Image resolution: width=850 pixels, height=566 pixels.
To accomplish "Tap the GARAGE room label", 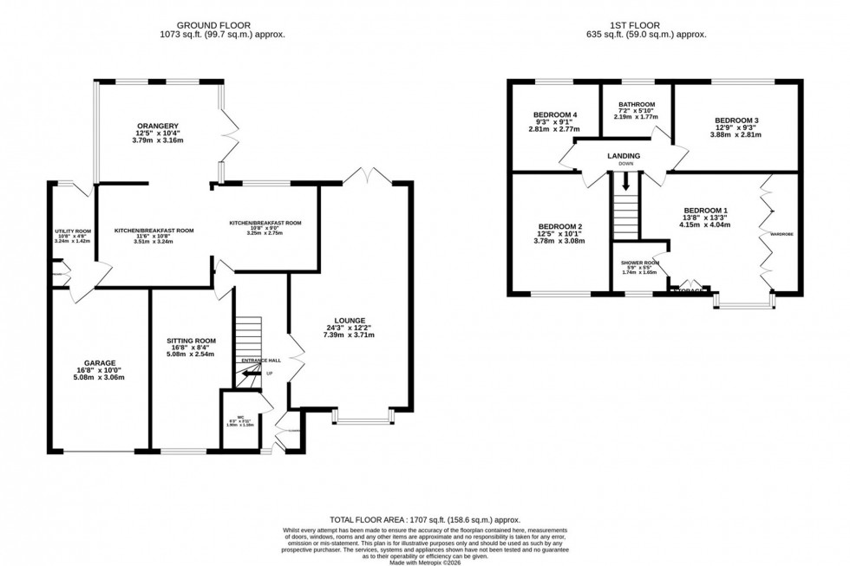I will [100, 362].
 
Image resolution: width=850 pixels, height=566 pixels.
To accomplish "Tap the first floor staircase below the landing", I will [624, 209].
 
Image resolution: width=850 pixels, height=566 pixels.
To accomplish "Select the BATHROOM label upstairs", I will [637, 104].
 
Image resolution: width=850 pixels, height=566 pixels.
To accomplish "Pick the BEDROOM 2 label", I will [556, 227].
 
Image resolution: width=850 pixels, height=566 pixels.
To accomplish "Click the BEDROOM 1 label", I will [706, 211].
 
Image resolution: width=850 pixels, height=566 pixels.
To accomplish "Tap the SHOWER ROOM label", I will [640, 263].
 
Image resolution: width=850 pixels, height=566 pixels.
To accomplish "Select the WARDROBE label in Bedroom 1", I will [784, 234].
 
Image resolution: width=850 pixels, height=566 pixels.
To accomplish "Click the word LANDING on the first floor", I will [624, 155].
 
